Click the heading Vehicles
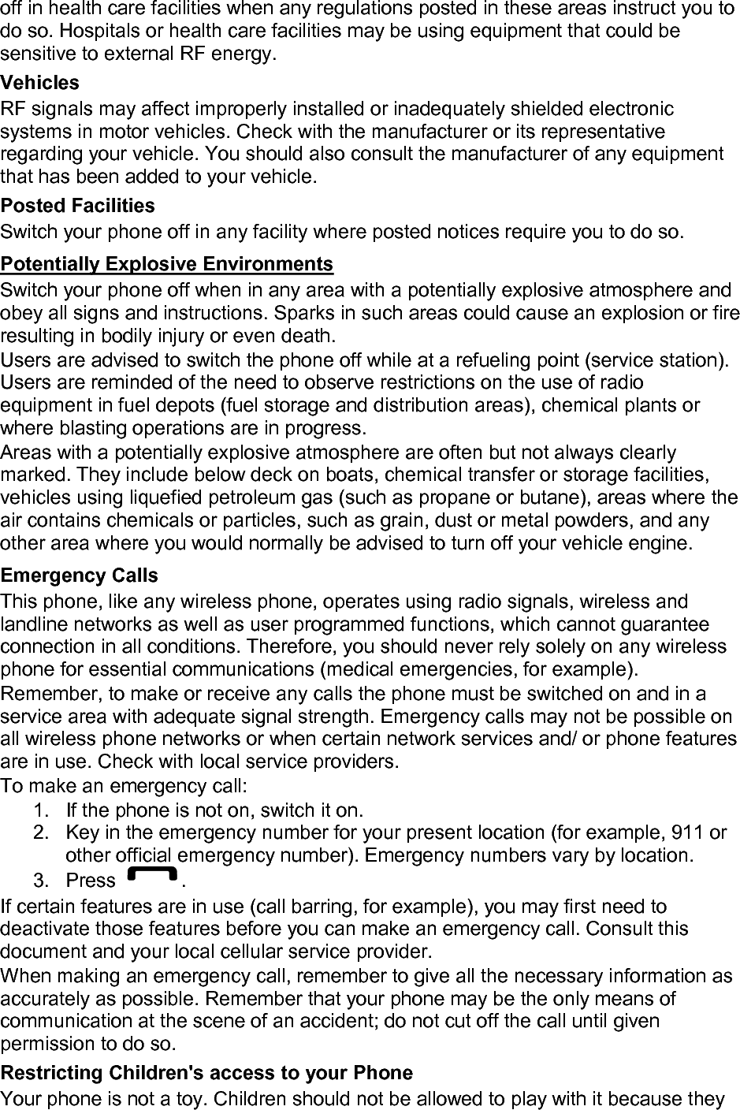point(40,83)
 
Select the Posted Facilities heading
point(78,206)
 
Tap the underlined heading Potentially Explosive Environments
point(167,263)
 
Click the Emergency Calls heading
point(80,575)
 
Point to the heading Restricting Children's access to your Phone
point(206,1073)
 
